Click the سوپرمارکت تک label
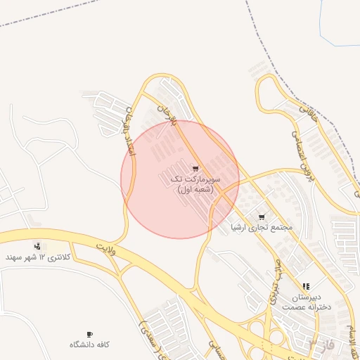(195, 180)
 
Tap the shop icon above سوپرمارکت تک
(195, 169)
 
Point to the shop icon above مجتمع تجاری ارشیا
(262, 217)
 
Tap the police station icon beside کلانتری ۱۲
(37, 246)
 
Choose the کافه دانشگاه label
(89, 345)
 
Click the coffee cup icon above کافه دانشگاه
(89, 334)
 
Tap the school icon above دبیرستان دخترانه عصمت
(306, 287)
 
